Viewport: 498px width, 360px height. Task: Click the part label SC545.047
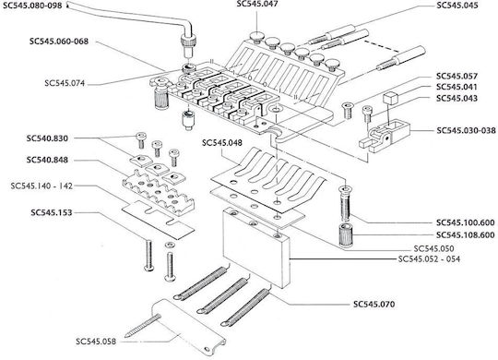257,4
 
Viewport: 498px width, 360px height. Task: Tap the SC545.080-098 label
32,6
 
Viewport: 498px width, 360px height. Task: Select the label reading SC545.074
65,83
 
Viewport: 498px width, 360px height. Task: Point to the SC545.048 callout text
222,143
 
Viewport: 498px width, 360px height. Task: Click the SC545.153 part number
52,212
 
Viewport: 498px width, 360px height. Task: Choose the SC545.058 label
96,342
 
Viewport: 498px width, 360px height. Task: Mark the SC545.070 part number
374,305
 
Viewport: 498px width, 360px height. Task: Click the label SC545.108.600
466,235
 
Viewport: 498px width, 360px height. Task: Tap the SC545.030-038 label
466,130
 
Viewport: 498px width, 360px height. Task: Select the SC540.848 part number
47,160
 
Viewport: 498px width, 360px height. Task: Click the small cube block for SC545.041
389,98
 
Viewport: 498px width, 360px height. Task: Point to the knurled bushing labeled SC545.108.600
345,235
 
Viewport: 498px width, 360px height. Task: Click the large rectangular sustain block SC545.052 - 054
256,247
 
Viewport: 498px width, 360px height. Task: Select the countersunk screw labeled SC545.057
347,111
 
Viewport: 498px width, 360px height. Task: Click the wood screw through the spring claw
143,326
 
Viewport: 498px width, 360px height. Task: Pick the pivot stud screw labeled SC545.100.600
345,203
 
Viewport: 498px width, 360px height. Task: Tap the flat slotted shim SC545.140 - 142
158,220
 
